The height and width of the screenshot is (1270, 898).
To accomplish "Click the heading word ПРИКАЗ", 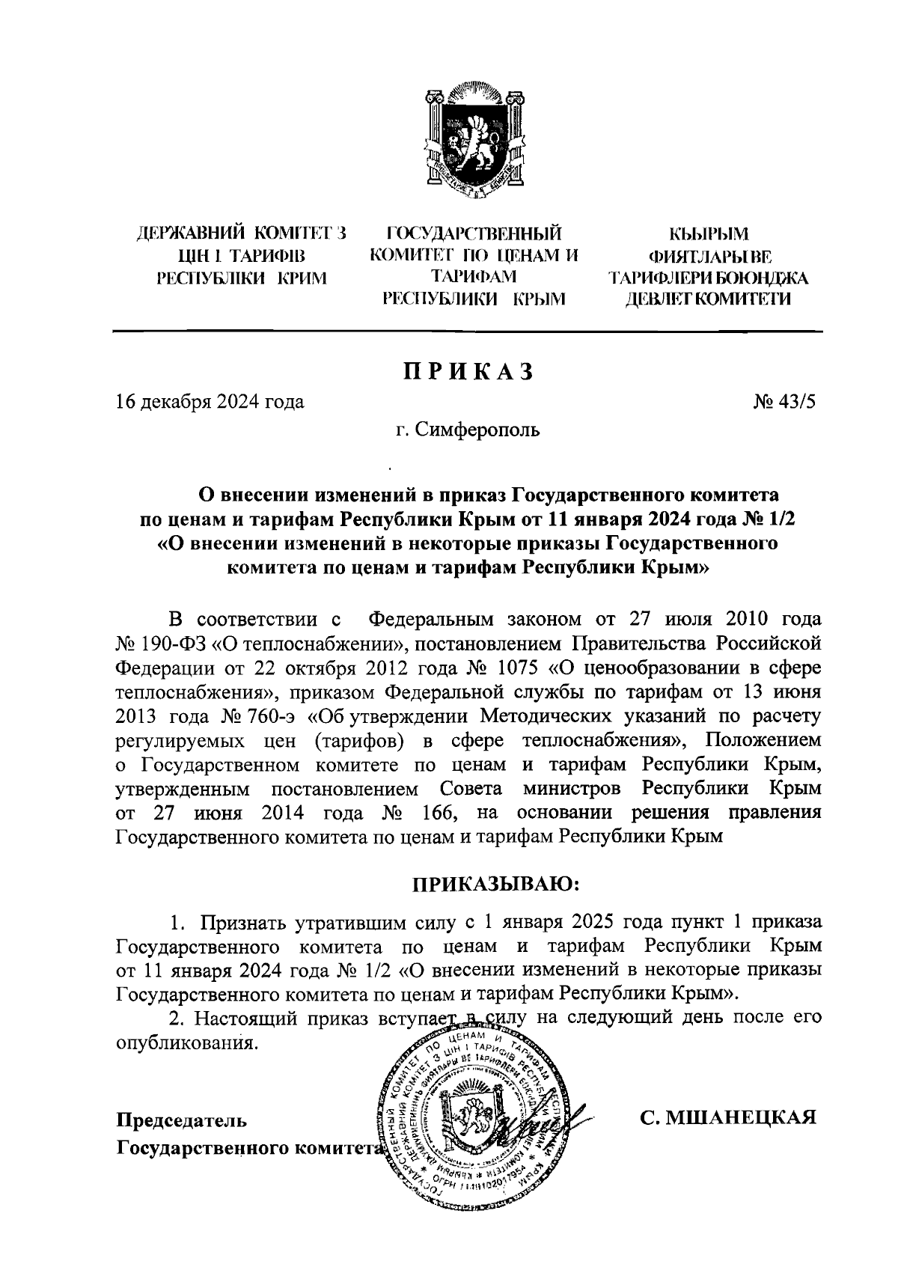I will (469, 372).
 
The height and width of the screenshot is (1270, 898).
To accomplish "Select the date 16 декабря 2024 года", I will (210, 402).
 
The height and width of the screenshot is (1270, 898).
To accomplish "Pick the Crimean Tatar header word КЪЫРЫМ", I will (707, 235).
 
